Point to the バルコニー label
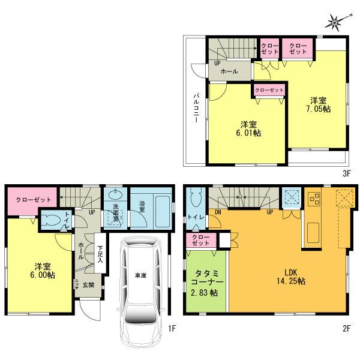(196, 108)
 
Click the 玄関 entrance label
(88, 284)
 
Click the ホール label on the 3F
(229, 71)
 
